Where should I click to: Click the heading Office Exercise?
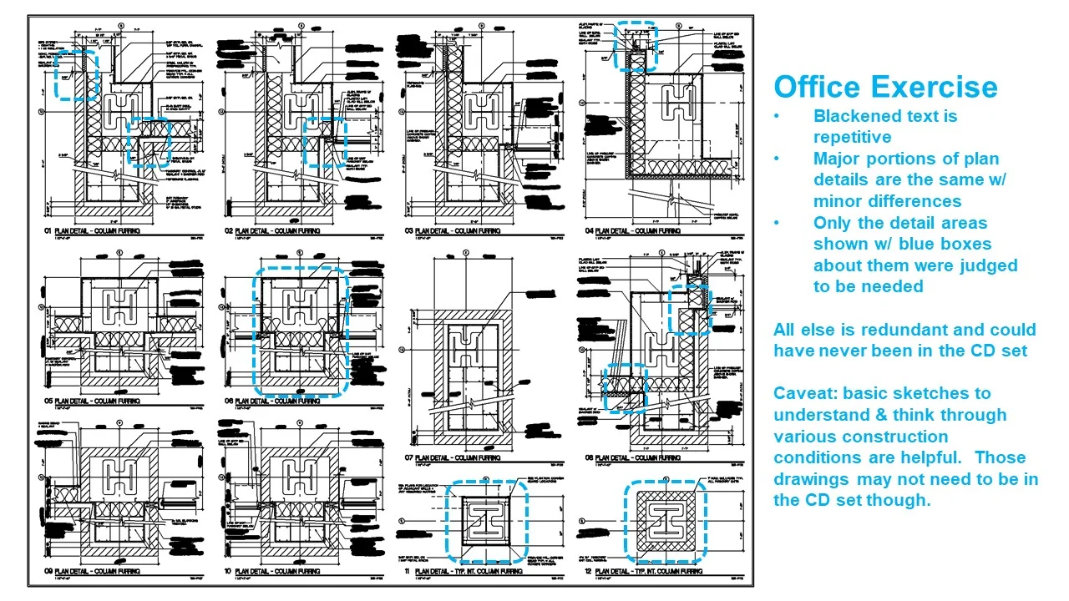point(885,88)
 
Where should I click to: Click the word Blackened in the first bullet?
point(857,116)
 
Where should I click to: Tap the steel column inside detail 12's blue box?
point(665,523)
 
